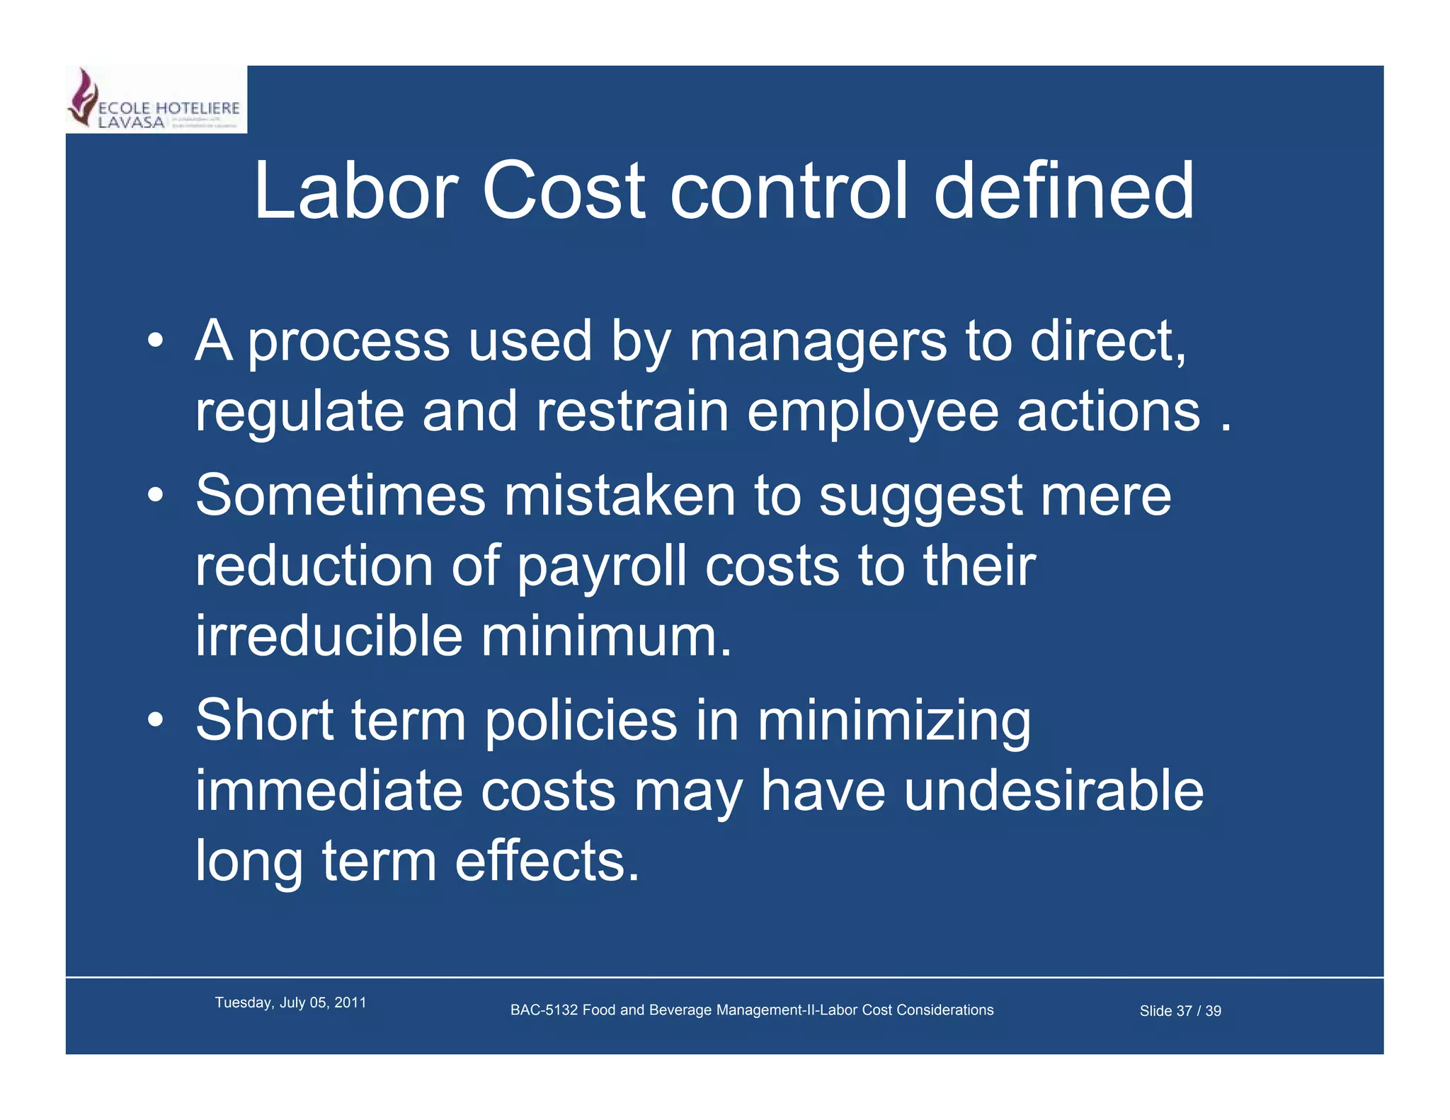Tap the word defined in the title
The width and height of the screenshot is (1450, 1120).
1064,191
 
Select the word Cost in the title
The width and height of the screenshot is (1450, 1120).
563,191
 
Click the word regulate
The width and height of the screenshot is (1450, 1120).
299,413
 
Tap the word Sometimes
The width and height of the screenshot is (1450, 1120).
341,496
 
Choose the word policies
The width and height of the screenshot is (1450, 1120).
581,721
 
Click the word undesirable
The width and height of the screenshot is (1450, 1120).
1054,791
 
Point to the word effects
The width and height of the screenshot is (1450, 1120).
547,861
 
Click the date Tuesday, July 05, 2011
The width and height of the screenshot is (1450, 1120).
290,1002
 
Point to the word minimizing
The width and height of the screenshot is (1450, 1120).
894,721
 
